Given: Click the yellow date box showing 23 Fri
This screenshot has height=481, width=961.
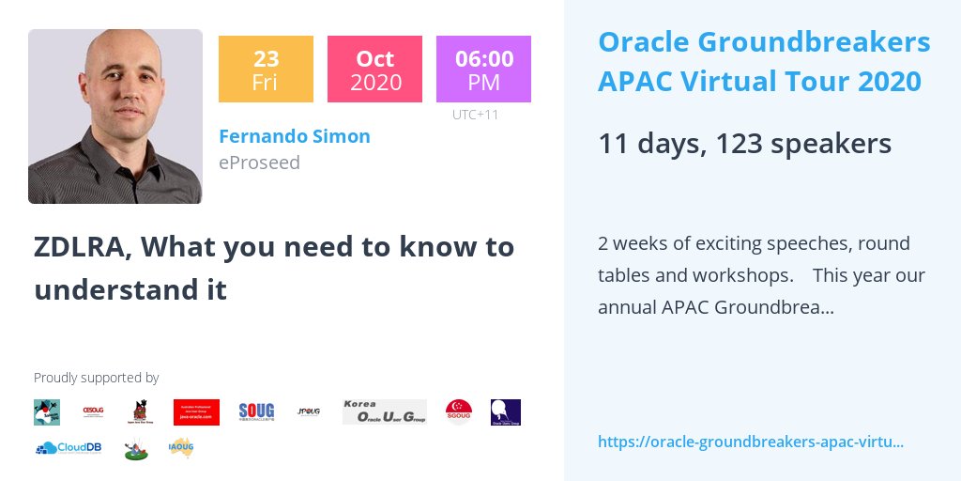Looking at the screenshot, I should point(266,69).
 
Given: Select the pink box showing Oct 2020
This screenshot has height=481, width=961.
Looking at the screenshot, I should point(374,69).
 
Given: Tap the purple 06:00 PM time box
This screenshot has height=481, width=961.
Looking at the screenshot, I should point(483,69).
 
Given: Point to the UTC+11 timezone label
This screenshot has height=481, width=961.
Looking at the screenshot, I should point(475,115).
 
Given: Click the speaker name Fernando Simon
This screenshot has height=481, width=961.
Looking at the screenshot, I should point(294,136).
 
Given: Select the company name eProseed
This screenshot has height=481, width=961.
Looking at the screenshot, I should point(259,163).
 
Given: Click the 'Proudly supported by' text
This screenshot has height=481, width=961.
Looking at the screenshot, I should point(96,378).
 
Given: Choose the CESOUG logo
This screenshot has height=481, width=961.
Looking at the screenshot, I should point(93,411).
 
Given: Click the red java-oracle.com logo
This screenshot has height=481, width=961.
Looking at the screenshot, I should point(196,412).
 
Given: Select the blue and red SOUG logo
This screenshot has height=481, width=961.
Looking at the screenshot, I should point(256,411).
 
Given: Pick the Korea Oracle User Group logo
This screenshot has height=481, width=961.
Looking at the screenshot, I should point(384,411).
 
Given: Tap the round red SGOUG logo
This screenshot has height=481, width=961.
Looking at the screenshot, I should point(459,411).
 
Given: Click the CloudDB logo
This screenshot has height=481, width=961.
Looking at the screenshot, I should point(69,448).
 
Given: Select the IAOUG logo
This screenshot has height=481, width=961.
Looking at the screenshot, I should point(181,448).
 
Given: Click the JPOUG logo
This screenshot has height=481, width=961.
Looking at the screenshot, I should point(309,411).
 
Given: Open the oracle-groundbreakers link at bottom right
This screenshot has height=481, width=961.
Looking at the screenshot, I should point(750,442).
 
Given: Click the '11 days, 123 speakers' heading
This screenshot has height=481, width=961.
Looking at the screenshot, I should point(744,144).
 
